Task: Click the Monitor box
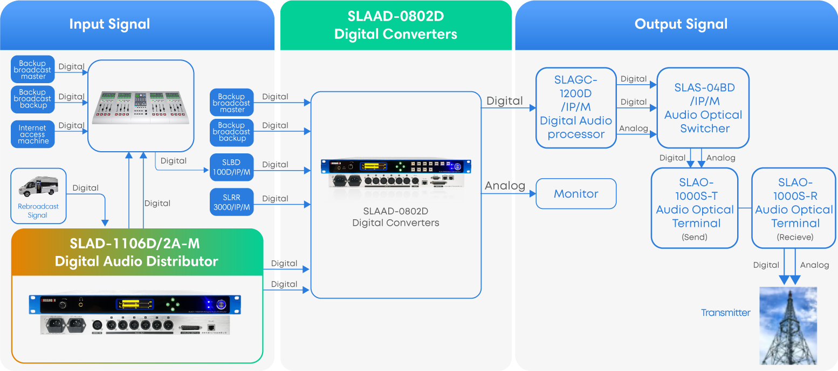pyautogui.click(x=576, y=194)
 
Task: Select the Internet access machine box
pyautogui.click(x=33, y=134)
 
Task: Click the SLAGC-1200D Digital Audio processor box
pyautogui.click(x=576, y=107)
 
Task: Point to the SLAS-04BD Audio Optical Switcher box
pyautogui.click(x=703, y=108)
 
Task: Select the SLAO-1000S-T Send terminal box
pyautogui.click(x=695, y=208)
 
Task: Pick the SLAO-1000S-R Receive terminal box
pyautogui.click(x=794, y=208)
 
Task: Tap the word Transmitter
pyautogui.click(x=725, y=313)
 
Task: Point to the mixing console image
pyautogui.click(x=140, y=105)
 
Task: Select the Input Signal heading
pyautogui.click(x=109, y=24)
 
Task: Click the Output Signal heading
pyautogui.click(x=681, y=24)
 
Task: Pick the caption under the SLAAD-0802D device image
pyautogui.click(x=395, y=218)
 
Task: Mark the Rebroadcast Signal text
pyautogui.click(x=38, y=211)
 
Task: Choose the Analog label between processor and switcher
pyautogui.click(x=633, y=129)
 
